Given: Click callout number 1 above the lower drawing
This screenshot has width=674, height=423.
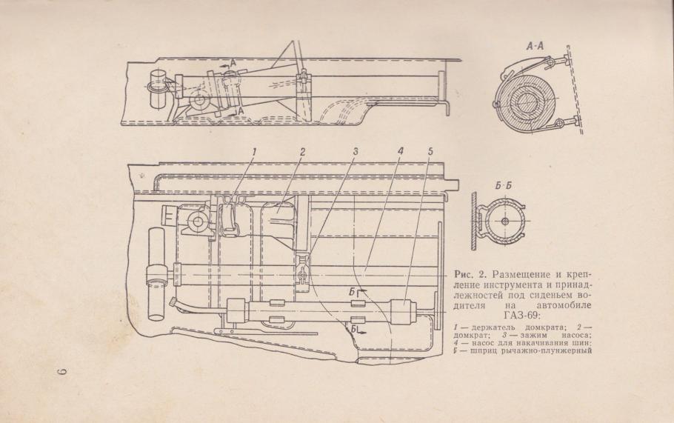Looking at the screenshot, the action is (x=254, y=152).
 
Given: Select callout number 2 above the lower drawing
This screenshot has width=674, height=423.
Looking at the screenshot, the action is (x=303, y=152).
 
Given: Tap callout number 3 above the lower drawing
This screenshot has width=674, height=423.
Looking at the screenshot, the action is (x=355, y=152).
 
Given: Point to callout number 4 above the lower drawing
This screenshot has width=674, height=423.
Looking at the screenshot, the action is (x=400, y=152).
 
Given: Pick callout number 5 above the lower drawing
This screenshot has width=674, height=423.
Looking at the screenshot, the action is (x=430, y=152).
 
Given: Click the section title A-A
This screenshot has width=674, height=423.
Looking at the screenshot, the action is (x=535, y=47).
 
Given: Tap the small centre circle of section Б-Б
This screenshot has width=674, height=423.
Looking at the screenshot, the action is (x=505, y=221).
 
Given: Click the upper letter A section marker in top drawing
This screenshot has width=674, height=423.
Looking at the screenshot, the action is (x=233, y=63).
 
